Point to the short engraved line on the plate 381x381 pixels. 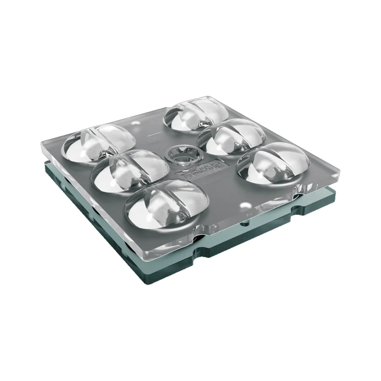[154, 134]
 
